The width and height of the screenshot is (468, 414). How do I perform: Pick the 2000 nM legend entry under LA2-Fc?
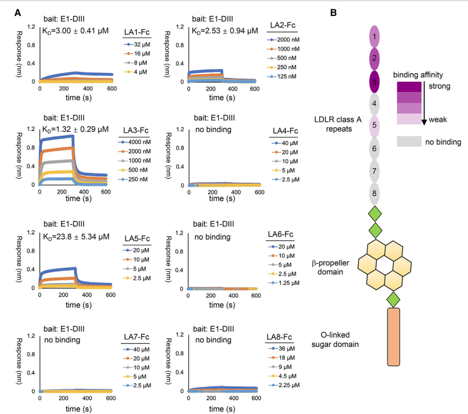point(284,40)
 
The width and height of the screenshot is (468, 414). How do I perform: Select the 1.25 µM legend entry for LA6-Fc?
point(284,283)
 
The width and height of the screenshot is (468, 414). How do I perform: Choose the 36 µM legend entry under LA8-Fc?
point(284,349)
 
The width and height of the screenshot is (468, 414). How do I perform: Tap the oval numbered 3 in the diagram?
point(375,81)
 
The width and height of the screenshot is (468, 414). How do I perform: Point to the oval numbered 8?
point(375,194)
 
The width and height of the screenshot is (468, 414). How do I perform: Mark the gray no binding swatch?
point(408,142)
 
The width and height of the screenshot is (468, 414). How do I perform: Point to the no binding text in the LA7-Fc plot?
point(63,340)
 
